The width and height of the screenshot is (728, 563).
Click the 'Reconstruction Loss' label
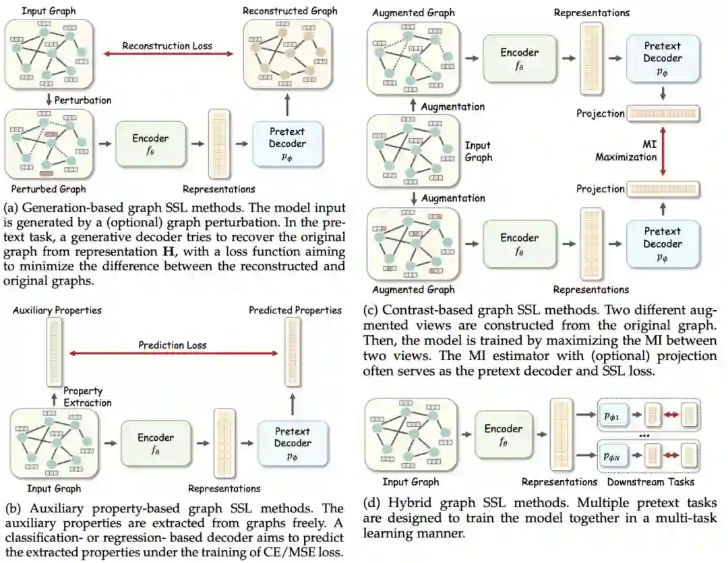point(167,46)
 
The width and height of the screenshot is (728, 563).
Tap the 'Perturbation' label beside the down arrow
point(83,100)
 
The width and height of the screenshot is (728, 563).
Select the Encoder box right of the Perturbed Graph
point(150,144)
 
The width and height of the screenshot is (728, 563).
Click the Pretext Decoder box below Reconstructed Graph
point(287,144)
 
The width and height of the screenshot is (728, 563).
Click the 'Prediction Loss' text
point(173,345)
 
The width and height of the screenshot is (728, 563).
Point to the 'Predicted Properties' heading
point(295,311)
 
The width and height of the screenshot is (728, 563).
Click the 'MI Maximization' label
point(626,151)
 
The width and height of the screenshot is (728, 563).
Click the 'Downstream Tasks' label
point(650,481)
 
